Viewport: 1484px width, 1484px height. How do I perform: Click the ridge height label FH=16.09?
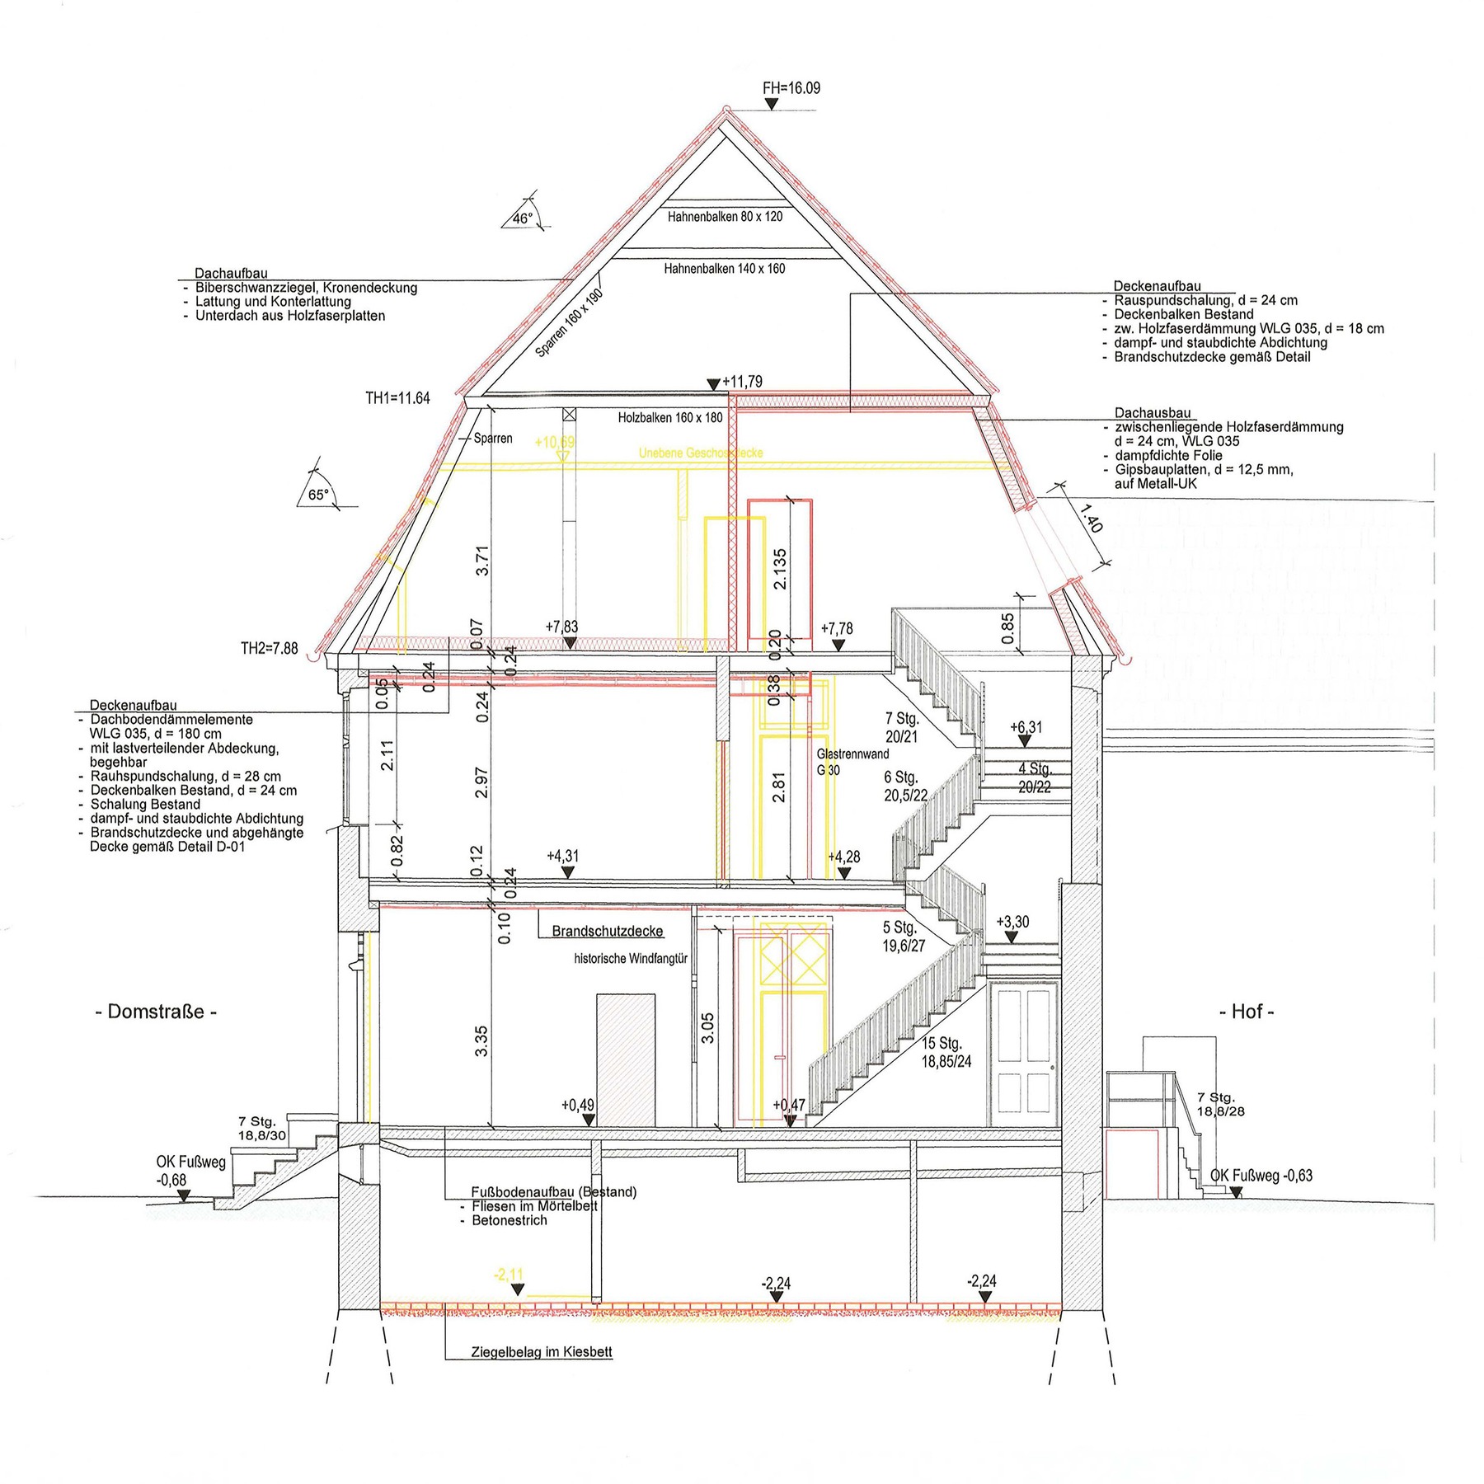click(791, 88)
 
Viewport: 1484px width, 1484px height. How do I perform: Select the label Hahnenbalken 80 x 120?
click(725, 217)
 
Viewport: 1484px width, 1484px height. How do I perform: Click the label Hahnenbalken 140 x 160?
click(724, 269)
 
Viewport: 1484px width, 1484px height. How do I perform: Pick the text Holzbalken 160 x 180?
click(669, 418)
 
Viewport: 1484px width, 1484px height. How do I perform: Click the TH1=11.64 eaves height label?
click(397, 398)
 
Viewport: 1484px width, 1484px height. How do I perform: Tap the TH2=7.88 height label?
click(269, 649)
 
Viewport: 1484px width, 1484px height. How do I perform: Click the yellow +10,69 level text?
click(554, 443)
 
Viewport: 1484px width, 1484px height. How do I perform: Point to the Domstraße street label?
click(156, 1012)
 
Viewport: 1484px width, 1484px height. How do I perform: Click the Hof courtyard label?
click(1247, 1012)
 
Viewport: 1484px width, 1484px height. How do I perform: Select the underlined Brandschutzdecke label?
click(607, 932)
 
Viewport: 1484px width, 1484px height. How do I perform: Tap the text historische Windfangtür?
click(631, 959)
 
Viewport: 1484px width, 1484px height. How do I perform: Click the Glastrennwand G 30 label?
click(852, 762)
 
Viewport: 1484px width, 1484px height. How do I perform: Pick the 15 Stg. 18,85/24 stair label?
click(946, 1053)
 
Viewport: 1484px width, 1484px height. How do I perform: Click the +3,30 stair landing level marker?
click(1012, 923)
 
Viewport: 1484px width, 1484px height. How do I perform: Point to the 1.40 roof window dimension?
click(1089, 523)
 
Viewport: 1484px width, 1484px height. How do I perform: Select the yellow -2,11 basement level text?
click(509, 1275)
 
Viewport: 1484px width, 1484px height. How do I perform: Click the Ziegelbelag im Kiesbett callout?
click(541, 1353)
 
